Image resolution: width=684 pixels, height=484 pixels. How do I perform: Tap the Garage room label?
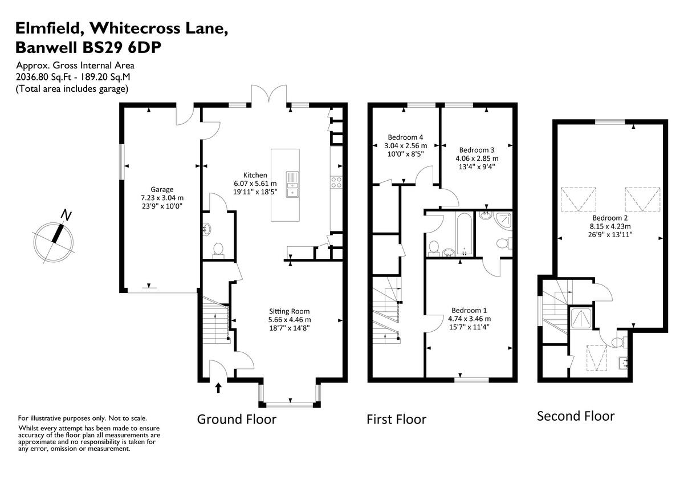pyautogui.click(x=162, y=190)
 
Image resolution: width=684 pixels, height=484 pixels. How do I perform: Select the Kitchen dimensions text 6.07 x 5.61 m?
pyautogui.click(x=255, y=184)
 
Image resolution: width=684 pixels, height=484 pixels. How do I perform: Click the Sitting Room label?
pyautogui.click(x=290, y=311)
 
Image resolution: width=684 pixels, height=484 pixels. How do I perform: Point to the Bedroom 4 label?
pyautogui.click(x=405, y=137)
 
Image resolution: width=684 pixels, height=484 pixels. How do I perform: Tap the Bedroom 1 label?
pyautogui.click(x=469, y=311)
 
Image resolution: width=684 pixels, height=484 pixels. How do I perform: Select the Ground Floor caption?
pyautogui.click(x=237, y=420)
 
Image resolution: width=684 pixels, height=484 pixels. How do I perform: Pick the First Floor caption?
pyautogui.click(x=396, y=420)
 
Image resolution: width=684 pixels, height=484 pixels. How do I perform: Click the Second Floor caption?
pyautogui.click(x=576, y=416)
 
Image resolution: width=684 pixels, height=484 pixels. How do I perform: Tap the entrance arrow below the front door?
pyautogui.click(x=218, y=388)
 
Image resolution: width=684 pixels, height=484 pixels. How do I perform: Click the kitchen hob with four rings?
pyautogui.click(x=336, y=182)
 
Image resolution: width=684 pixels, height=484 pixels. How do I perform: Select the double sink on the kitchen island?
pyautogui.click(x=292, y=184)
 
